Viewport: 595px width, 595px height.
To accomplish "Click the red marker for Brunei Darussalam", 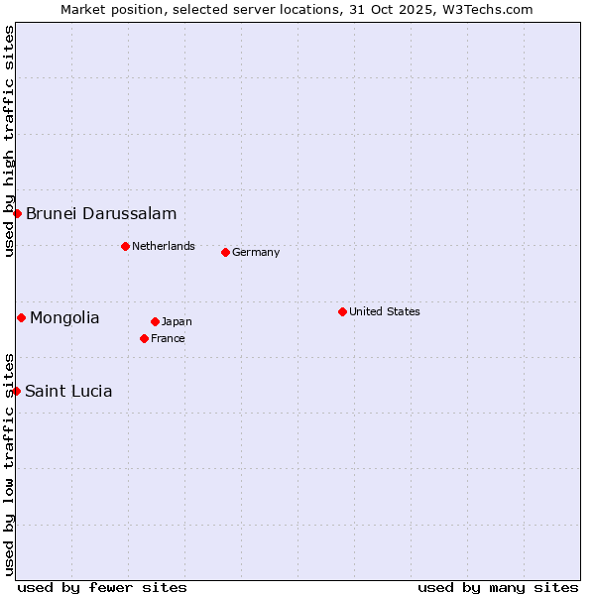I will [x=17, y=213].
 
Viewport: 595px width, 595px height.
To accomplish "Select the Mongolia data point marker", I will [x=21, y=317].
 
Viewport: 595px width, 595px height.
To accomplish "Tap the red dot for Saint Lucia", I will [x=16, y=391].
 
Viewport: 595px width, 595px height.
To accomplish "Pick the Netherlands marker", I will [x=125, y=246].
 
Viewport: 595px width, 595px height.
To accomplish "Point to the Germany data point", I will [x=225, y=252].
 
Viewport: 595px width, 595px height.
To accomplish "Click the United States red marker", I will [x=342, y=311].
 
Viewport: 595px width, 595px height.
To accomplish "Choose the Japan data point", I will [x=155, y=321].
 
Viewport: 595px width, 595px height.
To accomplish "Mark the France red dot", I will [x=144, y=338].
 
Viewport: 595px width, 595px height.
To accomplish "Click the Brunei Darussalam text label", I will [x=101, y=213].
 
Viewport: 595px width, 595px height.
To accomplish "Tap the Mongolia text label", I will [x=64, y=317].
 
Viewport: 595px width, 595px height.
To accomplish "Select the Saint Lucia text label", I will [x=68, y=391].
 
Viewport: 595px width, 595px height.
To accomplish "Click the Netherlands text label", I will [x=164, y=246].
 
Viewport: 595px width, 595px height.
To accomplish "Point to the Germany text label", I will [x=256, y=252].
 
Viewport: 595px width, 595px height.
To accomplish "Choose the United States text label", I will [x=385, y=311].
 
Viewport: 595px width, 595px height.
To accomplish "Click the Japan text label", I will [x=177, y=321].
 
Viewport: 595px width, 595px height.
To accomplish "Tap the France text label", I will [x=168, y=338].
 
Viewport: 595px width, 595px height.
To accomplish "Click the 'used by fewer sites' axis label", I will [x=102, y=587].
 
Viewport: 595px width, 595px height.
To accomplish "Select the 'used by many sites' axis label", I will [x=498, y=587].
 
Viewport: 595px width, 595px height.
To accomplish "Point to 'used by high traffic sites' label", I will [x=9, y=142].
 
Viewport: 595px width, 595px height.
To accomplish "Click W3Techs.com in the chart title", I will [x=488, y=9].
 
